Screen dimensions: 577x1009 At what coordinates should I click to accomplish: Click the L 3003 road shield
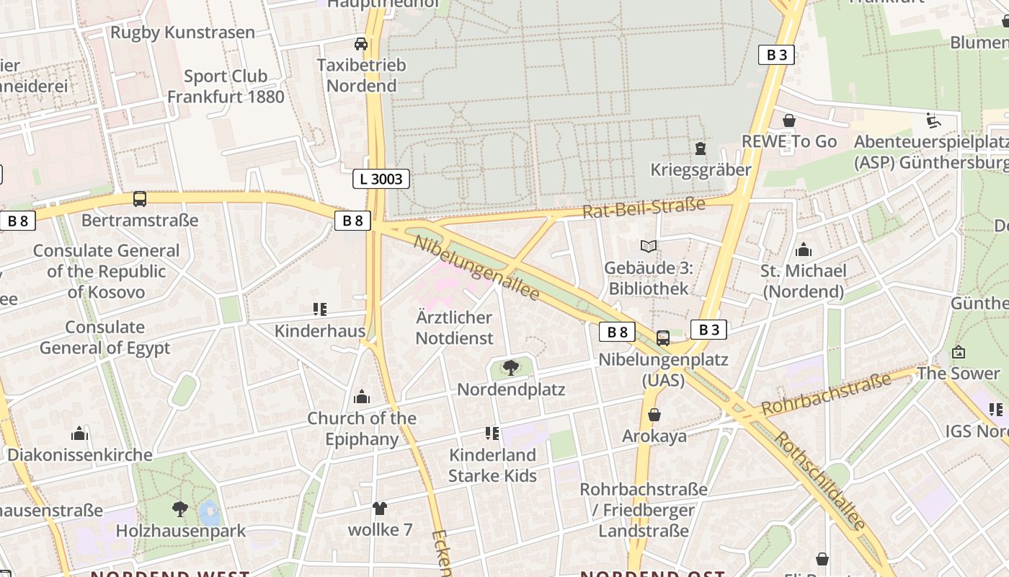(x=381, y=179)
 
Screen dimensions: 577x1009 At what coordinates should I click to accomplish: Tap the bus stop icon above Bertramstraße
(x=140, y=199)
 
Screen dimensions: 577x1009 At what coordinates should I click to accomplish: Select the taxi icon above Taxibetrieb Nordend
(x=361, y=44)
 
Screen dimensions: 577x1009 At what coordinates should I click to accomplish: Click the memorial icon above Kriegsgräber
(x=700, y=149)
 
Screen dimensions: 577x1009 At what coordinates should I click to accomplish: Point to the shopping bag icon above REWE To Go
(x=789, y=120)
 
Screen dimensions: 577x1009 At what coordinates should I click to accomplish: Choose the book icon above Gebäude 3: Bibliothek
(x=649, y=247)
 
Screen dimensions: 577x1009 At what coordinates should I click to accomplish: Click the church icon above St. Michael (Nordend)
(x=804, y=250)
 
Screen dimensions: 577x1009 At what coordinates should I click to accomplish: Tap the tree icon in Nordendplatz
(x=511, y=368)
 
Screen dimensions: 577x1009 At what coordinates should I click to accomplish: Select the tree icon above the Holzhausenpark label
(x=180, y=509)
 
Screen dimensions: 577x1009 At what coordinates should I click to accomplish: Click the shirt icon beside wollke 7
(x=380, y=508)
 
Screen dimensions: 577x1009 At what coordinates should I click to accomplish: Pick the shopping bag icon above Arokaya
(x=654, y=415)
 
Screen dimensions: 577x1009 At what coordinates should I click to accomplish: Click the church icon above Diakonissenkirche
(x=79, y=433)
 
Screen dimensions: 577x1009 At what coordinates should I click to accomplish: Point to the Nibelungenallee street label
(x=476, y=268)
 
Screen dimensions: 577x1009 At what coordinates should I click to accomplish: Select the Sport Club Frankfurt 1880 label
(x=226, y=86)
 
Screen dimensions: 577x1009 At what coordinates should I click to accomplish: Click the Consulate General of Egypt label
(x=105, y=338)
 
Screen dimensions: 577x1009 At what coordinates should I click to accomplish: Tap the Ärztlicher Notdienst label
(x=454, y=327)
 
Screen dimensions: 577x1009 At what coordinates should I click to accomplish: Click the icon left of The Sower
(x=959, y=352)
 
